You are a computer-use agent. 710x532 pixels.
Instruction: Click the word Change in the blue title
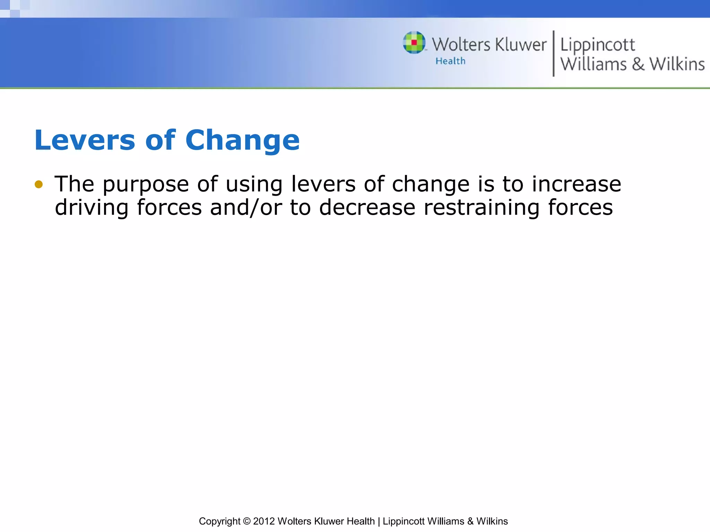point(242,140)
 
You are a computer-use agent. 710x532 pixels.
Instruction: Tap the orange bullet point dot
point(38,184)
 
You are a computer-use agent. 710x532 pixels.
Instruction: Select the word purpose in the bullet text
point(146,185)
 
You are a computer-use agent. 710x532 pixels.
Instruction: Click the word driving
point(92,208)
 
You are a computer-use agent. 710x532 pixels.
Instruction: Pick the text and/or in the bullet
point(246,207)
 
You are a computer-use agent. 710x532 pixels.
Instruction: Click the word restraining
point(482,208)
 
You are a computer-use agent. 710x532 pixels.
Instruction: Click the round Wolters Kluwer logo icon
point(414,43)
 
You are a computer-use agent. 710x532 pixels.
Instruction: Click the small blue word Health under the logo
point(450,61)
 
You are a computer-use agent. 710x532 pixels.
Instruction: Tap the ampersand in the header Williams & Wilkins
point(638,64)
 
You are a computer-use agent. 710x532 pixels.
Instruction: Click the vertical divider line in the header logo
point(553,53)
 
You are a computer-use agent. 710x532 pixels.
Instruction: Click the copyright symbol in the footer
point(247,521)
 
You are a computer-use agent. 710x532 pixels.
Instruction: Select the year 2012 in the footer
point(264,521)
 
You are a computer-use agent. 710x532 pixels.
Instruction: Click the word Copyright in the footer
point(219,521)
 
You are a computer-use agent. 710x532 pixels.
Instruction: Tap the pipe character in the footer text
point(379,521)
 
